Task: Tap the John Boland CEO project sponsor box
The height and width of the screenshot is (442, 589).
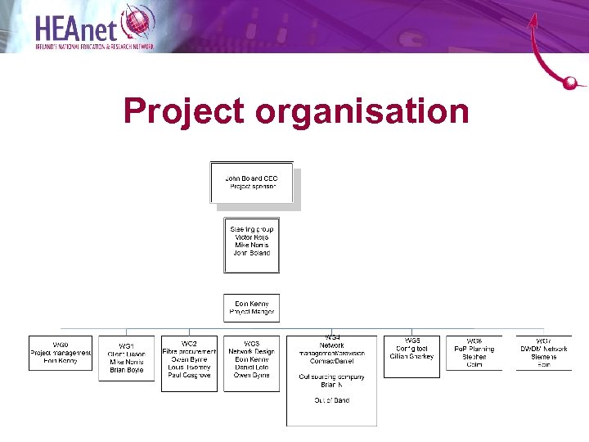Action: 252,183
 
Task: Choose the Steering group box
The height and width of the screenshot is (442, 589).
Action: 252,245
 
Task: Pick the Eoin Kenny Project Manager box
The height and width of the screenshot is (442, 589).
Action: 252,308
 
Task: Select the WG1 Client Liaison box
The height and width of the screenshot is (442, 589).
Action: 126,359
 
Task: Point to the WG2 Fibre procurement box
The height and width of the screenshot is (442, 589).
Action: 189,363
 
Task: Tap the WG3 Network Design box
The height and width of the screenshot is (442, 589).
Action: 252,363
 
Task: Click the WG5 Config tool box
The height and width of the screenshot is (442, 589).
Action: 411,356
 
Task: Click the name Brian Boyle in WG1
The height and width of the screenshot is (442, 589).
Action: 126,370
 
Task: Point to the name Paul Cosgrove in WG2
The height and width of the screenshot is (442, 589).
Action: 189,375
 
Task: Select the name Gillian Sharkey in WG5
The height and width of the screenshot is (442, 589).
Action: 411,357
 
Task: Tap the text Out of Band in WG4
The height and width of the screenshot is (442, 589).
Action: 331,400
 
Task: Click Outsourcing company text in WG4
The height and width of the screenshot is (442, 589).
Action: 331,377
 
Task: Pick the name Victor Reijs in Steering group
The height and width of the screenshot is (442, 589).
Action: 252,237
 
